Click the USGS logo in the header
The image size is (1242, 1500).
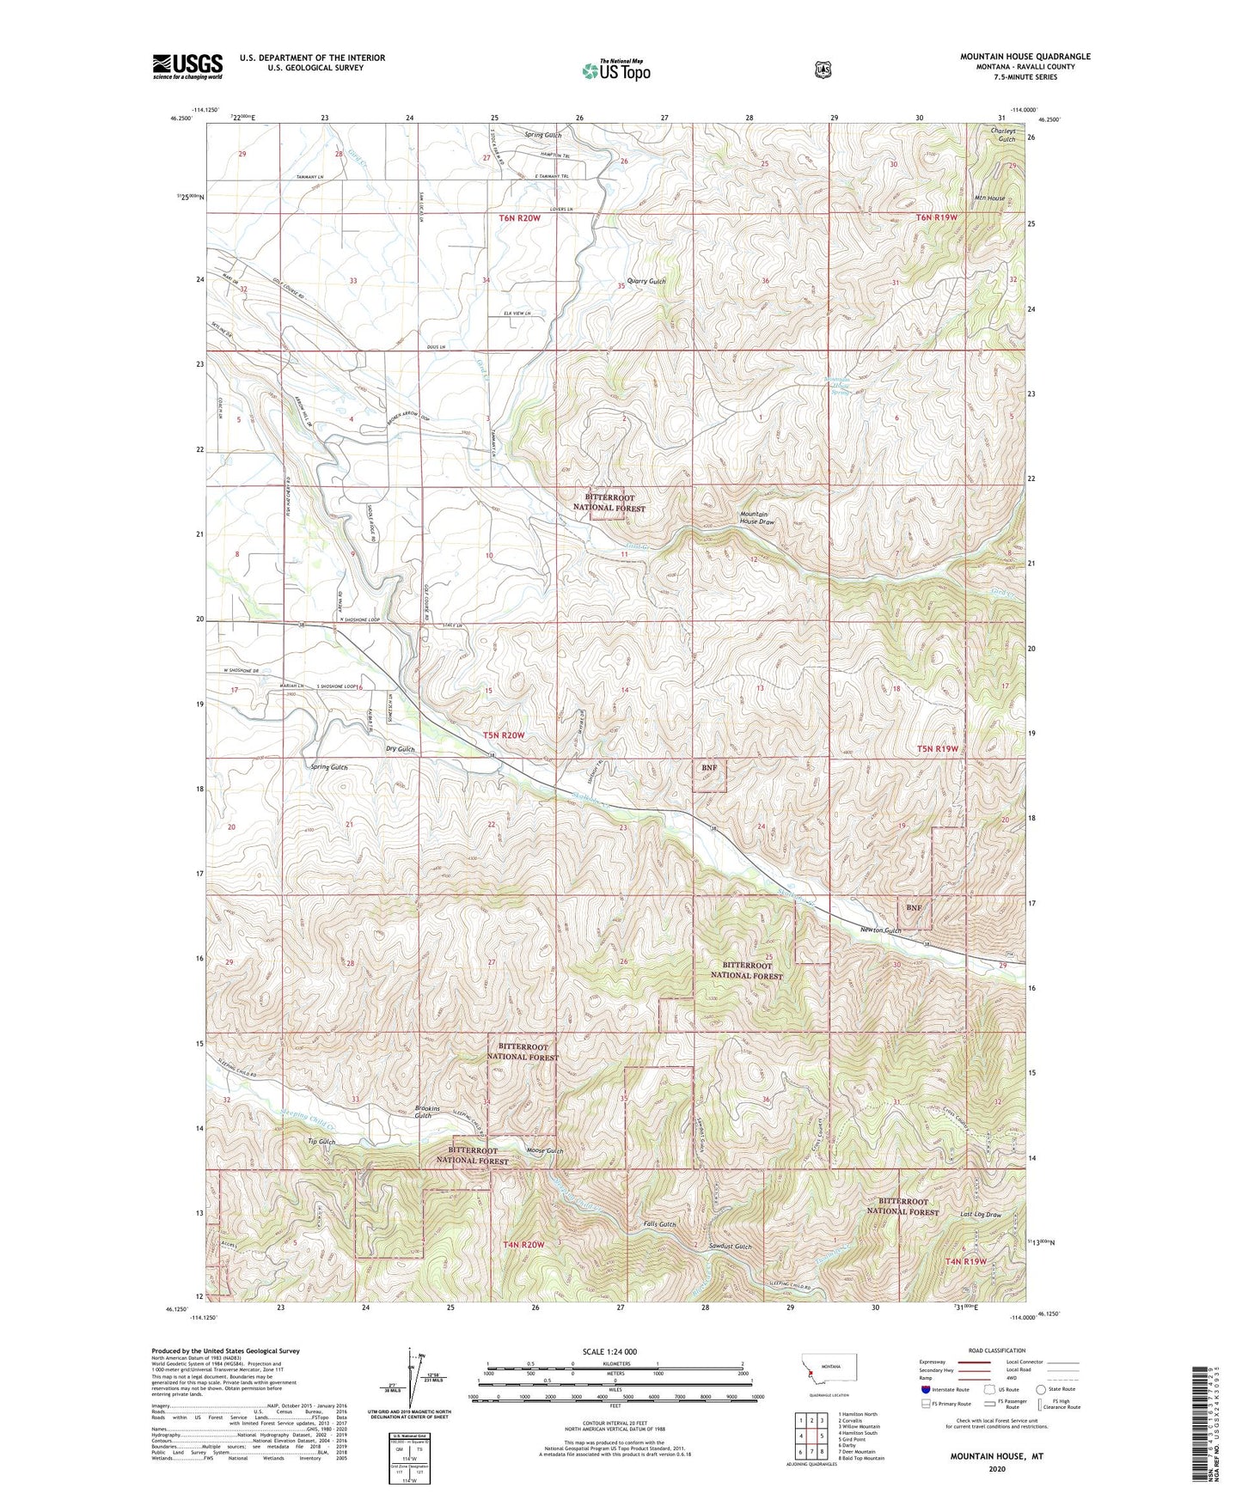click(187, 66)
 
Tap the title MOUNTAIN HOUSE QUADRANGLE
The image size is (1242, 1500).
click(1025, 57)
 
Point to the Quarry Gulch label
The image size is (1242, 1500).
click(646, 281)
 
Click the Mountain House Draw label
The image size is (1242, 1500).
click(757, 518)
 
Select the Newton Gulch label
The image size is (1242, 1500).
click(881, 930)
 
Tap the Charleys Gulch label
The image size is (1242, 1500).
click(1003, 135)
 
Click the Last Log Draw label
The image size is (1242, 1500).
click(981, 1215)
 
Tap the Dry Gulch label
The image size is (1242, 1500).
click(400, 749)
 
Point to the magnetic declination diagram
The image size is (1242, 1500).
click(419, 1378)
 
